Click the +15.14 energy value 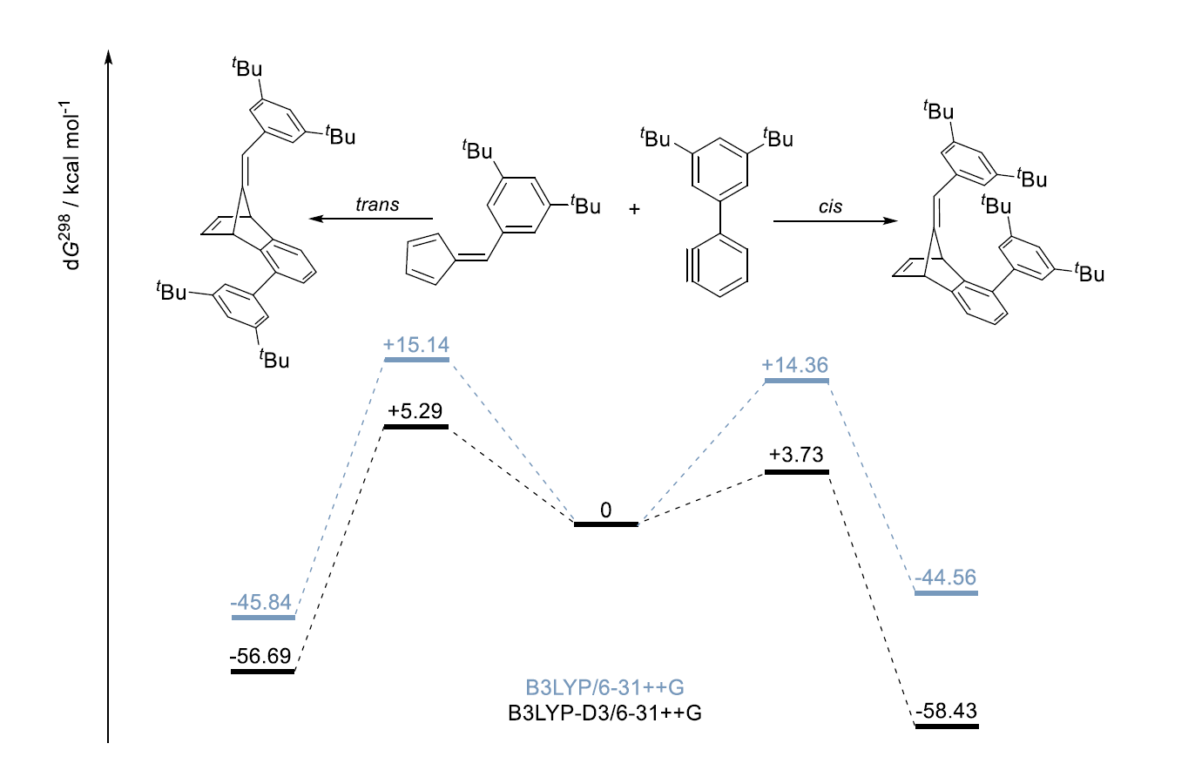click(416, 345)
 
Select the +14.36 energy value click(795, 365)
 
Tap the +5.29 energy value click(415, 411)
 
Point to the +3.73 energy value click(796, 455)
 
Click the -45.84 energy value click(261, 603)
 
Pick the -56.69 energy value click(260, 656)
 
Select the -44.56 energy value click(945, 578)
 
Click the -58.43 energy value click(947, 711)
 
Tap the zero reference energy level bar click(606, 524)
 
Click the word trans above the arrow click(378, 205)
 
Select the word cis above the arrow click(831, 206)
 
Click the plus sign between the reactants click(634, 209)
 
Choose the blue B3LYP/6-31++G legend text click(605, 688)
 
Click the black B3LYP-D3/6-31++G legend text click(605, 713)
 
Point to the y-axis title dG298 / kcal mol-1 click(71, 186)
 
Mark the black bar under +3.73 click(797, 472)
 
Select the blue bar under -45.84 click(264, 618)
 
